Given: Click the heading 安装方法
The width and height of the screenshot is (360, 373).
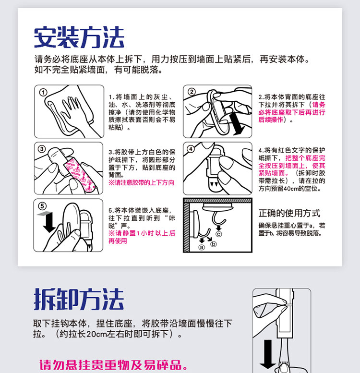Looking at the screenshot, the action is (79, 37).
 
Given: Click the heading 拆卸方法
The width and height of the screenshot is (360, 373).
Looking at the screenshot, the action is (79, 299).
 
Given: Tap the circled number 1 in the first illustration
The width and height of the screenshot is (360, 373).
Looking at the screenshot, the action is (43, 93).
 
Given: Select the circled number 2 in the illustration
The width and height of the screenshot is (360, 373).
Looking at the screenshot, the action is (192, 92).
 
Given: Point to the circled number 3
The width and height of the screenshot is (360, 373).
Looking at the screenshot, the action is (42, 149).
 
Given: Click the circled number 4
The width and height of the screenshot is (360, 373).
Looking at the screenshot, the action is (191, 149).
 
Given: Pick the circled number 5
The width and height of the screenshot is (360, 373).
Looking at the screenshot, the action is (42, 206).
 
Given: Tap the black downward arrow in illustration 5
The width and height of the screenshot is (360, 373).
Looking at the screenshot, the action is (49, 222).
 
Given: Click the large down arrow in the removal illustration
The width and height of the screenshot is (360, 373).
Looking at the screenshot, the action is (268, 354).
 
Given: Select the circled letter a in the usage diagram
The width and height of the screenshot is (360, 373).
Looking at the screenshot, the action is (202, 247).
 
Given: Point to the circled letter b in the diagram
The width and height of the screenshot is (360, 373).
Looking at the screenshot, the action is (214, 244).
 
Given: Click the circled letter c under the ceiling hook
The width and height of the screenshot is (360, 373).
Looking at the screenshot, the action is (219, 234).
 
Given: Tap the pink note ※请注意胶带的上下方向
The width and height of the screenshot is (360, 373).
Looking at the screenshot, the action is (142, 183).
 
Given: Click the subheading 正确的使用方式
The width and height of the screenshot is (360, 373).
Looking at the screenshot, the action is (289, 213).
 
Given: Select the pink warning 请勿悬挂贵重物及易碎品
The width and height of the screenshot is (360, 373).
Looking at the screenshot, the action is (113, 365).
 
